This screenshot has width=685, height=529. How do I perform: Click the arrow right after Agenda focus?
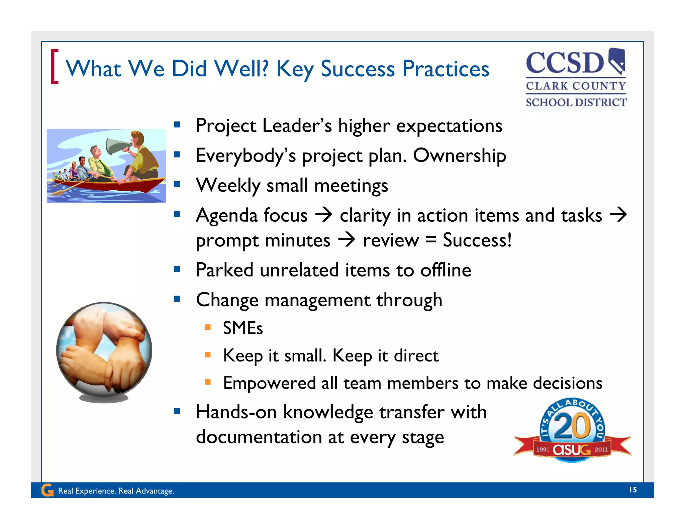pos(323,215)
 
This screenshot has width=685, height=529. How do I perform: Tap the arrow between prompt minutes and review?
pos(347,240)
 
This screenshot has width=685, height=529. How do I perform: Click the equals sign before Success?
pos(431,240)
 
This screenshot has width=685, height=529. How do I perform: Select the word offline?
pos(446,270)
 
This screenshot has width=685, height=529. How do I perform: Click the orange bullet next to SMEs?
pos(208,327)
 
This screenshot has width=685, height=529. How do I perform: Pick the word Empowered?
pos(269,383)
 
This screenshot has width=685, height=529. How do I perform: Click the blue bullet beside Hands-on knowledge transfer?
pos(177,411)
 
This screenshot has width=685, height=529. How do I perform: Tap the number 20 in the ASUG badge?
pos(572,426)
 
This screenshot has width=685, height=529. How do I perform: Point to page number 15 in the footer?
pos(632,490)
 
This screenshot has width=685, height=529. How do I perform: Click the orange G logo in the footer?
pos(47,490)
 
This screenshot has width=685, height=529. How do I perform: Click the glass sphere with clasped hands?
pos(104,349)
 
